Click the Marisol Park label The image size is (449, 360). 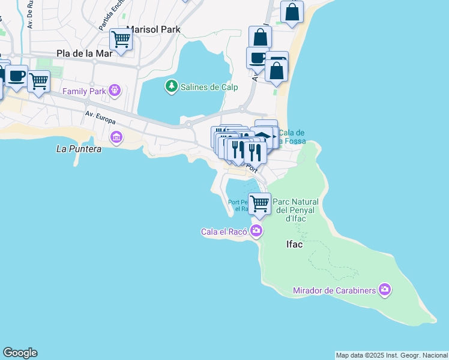(153, 29)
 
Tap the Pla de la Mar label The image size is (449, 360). (85, 53)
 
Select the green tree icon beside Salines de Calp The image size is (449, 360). (172, 86)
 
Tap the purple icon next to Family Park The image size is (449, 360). (115, 91)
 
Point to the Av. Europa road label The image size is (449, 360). (100, 118)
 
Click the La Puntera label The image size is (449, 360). (79, 148)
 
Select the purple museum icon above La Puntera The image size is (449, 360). (116, 137)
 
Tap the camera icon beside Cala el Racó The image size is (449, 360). (257, 230)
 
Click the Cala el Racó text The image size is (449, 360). (224, 231)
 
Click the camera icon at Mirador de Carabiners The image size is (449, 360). (385, 290)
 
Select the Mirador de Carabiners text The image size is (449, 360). (334, 291)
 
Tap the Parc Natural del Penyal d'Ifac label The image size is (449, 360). (297, 210)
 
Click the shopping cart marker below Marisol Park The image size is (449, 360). (121, 40)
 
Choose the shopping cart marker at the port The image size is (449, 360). (260, 203)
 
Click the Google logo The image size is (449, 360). (20, 353)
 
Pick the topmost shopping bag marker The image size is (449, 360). (292, 11)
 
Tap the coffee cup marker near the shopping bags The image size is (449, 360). (258, 58)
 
